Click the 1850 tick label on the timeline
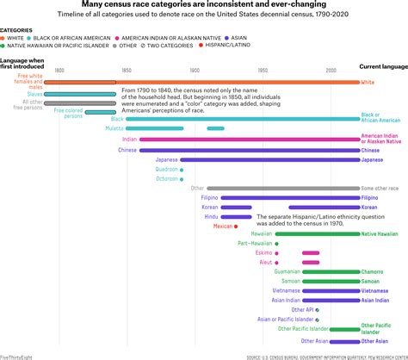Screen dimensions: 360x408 coord(127,70)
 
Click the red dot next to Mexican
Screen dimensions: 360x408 coord(237,226)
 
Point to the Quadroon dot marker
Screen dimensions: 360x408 coord(182,169)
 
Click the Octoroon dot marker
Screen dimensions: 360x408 coord(182,178)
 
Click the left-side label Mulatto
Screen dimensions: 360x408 coord(114,128)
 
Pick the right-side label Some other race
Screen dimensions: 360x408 coord(380,188)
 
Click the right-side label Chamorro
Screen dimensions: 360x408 coord(372,271)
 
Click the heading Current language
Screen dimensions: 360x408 coord(380,66)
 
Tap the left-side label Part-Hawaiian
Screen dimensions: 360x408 coord(256,243)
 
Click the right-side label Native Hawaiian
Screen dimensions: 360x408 coord(380,234)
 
